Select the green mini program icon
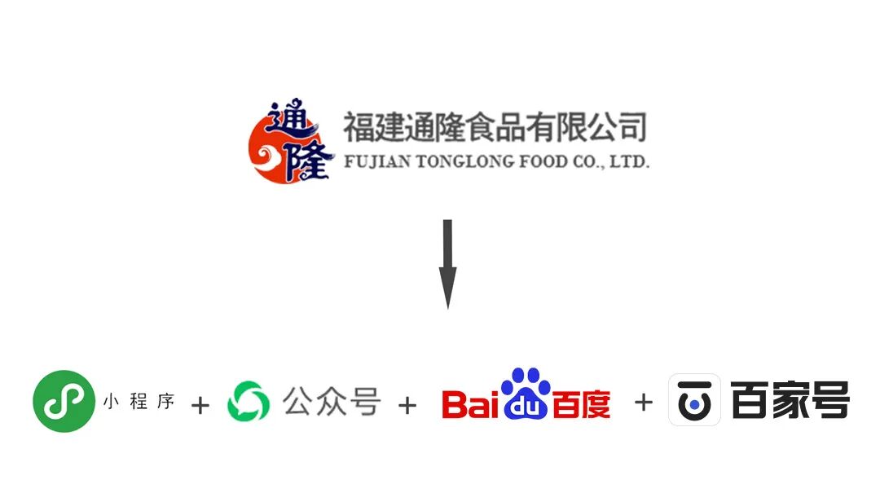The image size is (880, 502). click(x=64, y=401)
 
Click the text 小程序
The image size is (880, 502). click(x=139, y=401)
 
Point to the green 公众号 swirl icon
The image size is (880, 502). click(x=248, y=402)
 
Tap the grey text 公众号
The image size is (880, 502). click(x=332, y=401)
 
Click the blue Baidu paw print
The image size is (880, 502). click(x=526, y=394)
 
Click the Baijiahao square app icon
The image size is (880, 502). click(x=694, y=400)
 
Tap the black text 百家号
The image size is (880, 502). click(x=790, y=400)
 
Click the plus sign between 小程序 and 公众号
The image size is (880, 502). click(x=200, y=405)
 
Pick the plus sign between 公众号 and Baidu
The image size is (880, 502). click(x=407, y=405)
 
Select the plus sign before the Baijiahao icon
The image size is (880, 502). click(x=643, y=402)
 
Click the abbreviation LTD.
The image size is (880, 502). click(x=628, y=161)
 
